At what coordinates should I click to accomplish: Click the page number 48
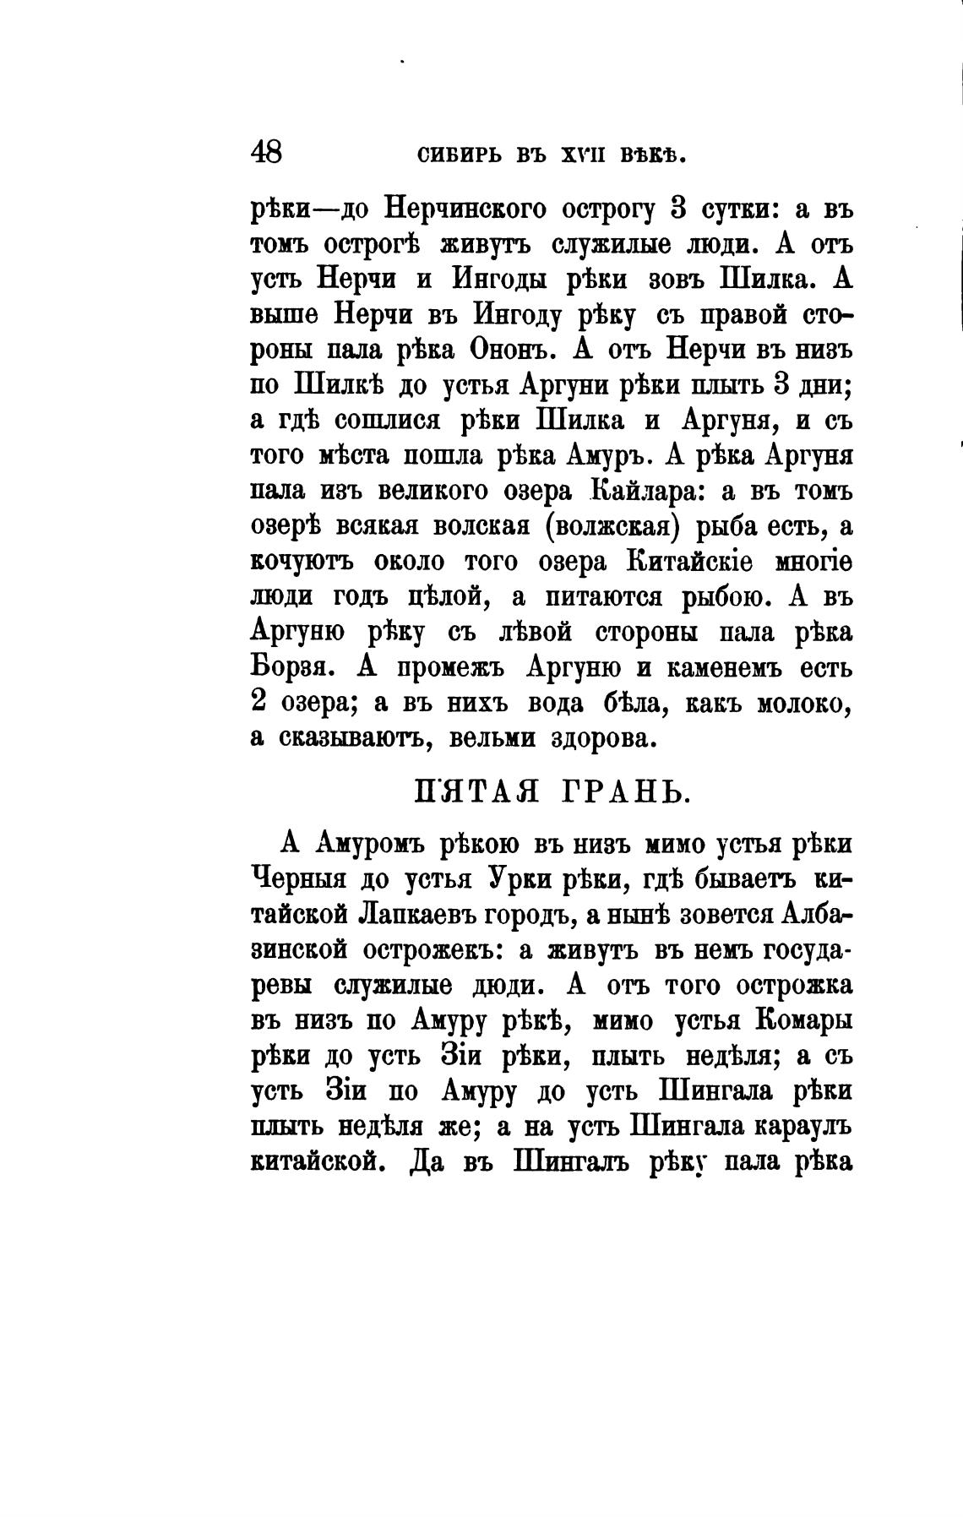267,153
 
